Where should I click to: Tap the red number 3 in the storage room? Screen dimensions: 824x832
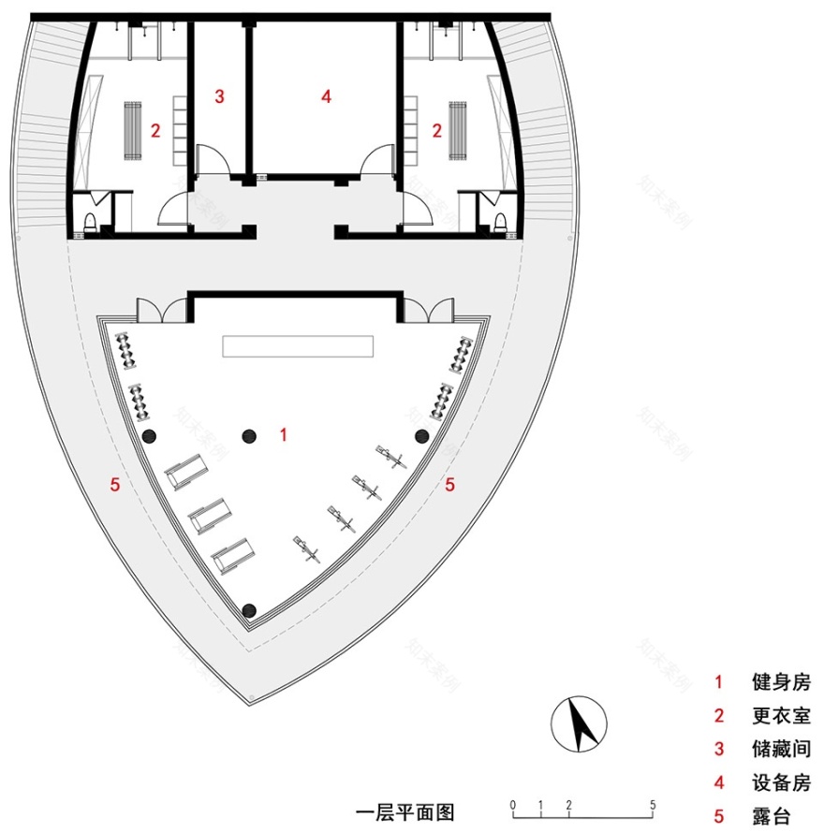[219, 95]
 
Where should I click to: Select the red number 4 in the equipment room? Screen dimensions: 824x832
[325, 95]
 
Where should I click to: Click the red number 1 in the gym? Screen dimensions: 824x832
[284, 433]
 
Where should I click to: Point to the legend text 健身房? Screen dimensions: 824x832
[780, 682]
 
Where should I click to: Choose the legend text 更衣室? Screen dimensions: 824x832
[780, 716]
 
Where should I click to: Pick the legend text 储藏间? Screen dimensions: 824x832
[780, 749]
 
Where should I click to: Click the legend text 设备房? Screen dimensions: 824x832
[780, 782]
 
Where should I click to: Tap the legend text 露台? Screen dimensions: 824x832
[770, 816]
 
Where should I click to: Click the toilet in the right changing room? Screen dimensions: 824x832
[501, 220]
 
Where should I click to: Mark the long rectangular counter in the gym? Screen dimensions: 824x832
[298, 346]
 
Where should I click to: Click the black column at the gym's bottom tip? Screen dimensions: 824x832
[249, 611]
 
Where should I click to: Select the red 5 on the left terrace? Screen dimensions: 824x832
[114, 484]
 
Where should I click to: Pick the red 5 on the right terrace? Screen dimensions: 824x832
[449, 484]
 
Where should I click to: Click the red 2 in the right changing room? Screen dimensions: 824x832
[436, 131]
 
